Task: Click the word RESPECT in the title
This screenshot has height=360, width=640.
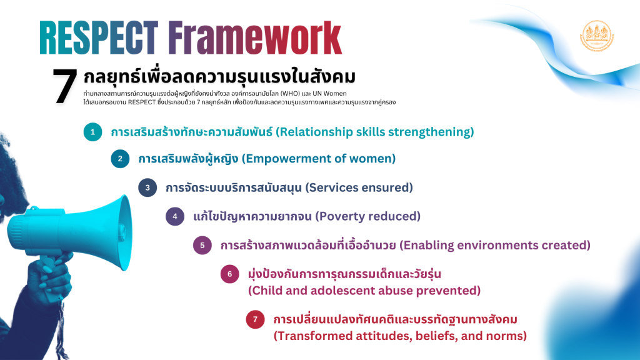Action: (x=99, y=37)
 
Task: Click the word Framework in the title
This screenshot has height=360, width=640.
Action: (x=255, y=37)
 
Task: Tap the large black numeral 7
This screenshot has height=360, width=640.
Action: (x=65, y=85)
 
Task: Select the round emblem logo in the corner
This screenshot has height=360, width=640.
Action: (x=597, y=36)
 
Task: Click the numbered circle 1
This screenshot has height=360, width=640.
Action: (x=92, y=132)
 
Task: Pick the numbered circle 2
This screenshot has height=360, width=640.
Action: (x=120, y=159)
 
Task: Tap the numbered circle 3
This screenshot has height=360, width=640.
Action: (x=147, y=187)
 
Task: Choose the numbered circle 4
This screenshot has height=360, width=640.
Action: (x=175, y=216)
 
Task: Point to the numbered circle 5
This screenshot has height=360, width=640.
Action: (x=202, y=245)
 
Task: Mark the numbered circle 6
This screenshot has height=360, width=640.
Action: (x=229, y=274)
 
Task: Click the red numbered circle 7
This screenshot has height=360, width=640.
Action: (x=255, y=319)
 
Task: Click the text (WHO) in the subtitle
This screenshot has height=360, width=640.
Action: (x=290, y=94)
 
